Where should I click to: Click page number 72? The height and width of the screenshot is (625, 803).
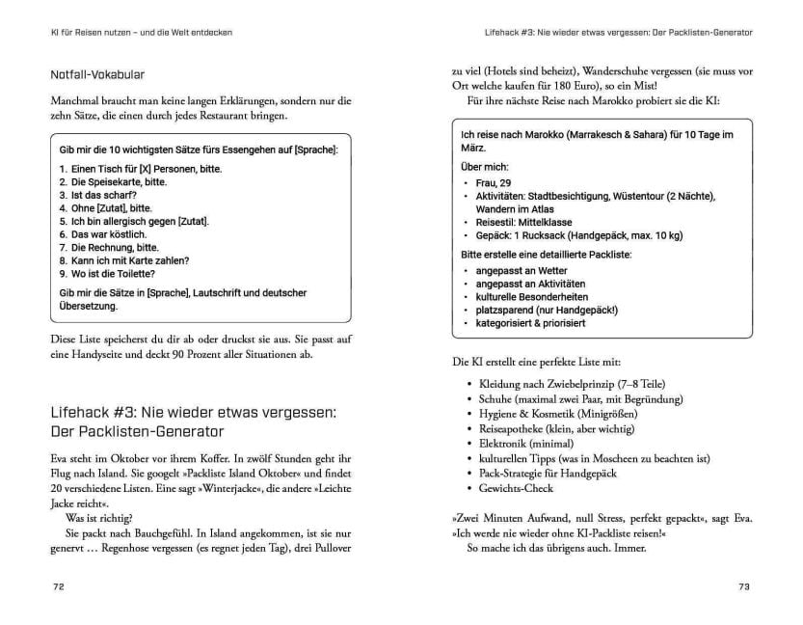(x=58, y=586)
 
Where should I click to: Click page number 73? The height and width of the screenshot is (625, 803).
(x=743, y=586)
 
